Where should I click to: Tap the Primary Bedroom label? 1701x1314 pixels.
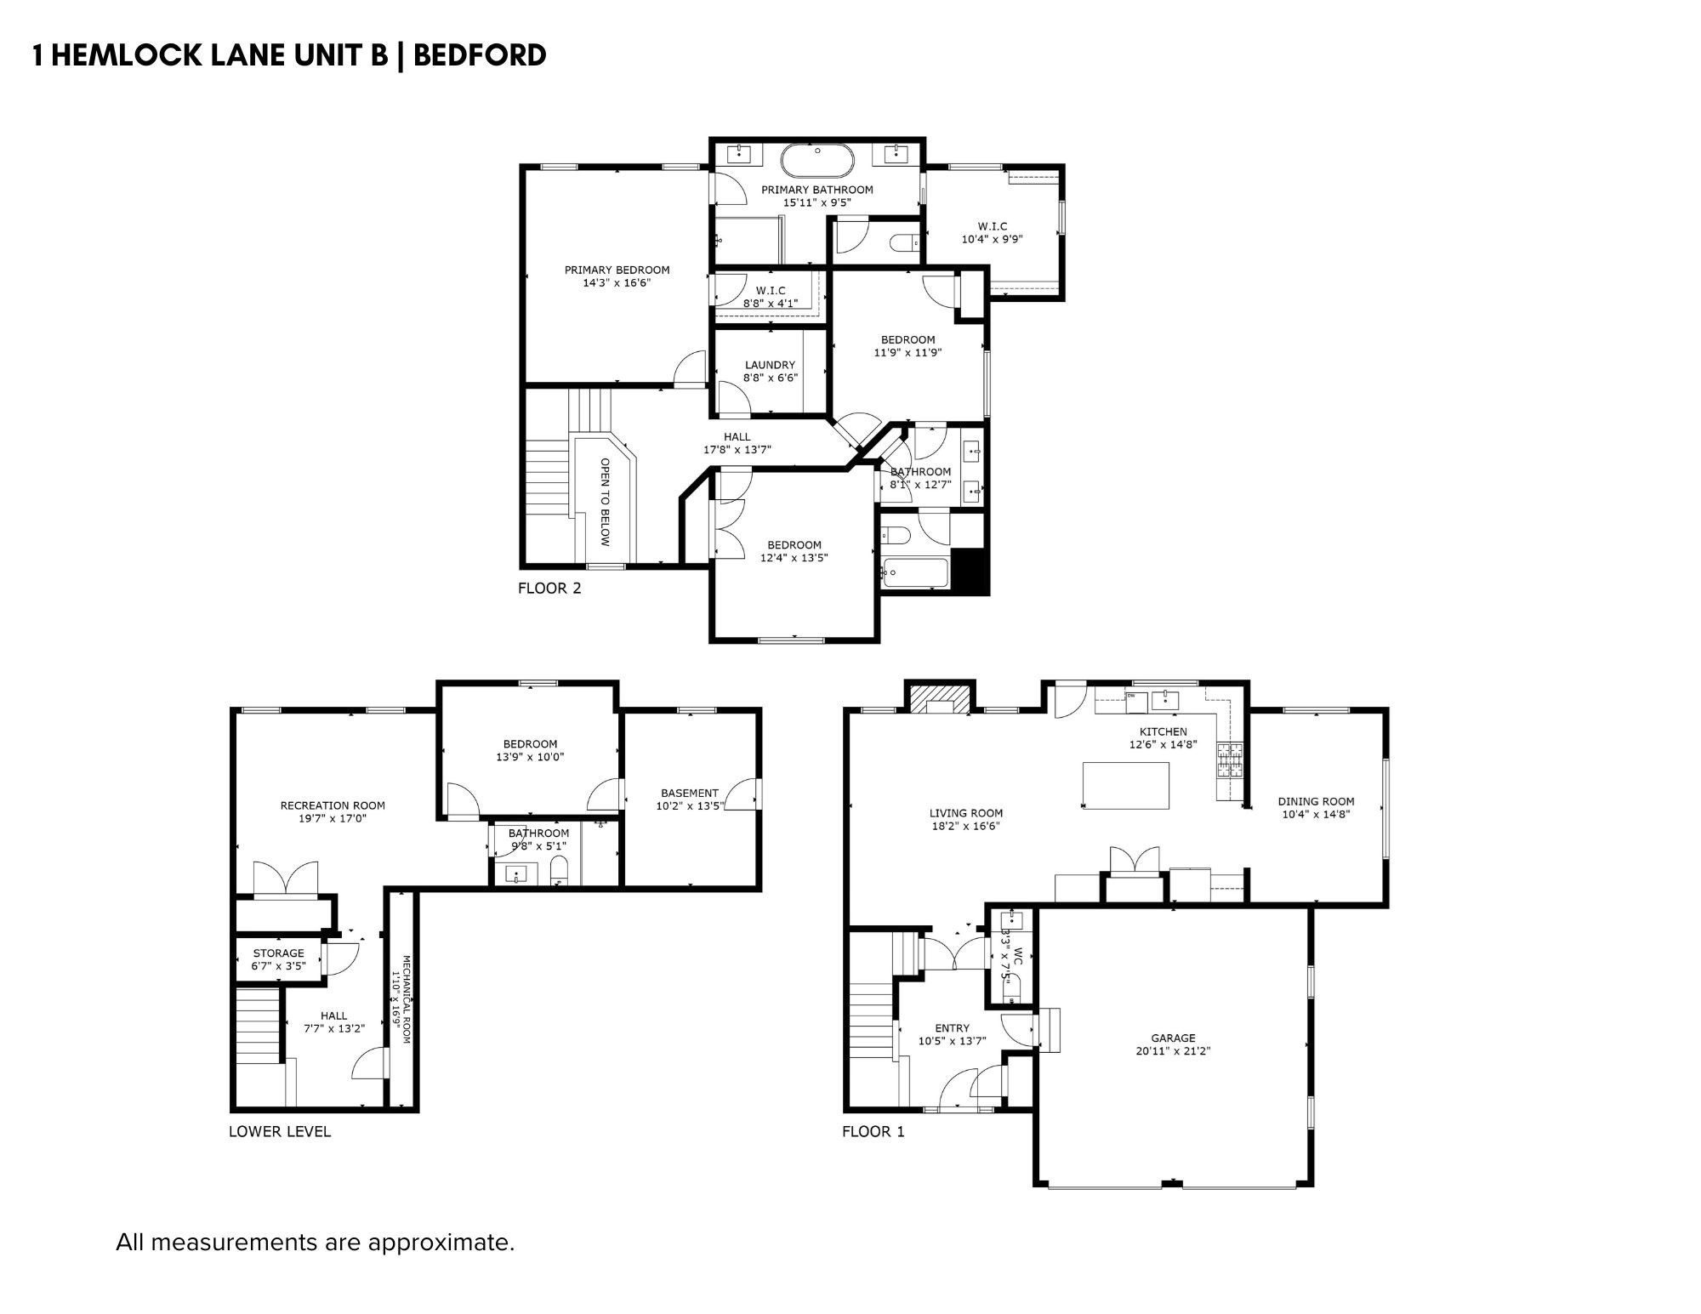click(x=617, y=270)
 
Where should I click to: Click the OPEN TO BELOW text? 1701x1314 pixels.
click(x=606, y=502)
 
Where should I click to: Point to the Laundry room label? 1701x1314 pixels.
click(x=770, y=365)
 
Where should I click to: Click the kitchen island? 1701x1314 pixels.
click(x=1125, y=785)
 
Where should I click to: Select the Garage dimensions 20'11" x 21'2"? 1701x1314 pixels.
click(x=1173, y=1051)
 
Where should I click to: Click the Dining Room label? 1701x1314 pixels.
click(x=1316, y=801)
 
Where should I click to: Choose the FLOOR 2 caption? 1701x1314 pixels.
click(x=549, y=588)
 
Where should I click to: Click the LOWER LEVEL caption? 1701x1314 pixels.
click(x=280, y=1131)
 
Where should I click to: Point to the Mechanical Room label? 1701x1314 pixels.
click(x=407, y=1000)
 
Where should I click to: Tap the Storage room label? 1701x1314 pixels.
click(x=278, y=953)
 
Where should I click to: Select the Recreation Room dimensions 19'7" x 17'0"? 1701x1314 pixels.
click(x=333, y=819)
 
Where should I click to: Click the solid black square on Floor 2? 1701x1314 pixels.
click(x=969, y=571)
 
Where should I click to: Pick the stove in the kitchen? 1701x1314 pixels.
click(x=1230, y=760)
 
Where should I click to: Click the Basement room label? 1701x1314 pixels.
click(x=689, y=793)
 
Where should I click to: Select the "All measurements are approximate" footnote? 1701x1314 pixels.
click(x=315, y=1243)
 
